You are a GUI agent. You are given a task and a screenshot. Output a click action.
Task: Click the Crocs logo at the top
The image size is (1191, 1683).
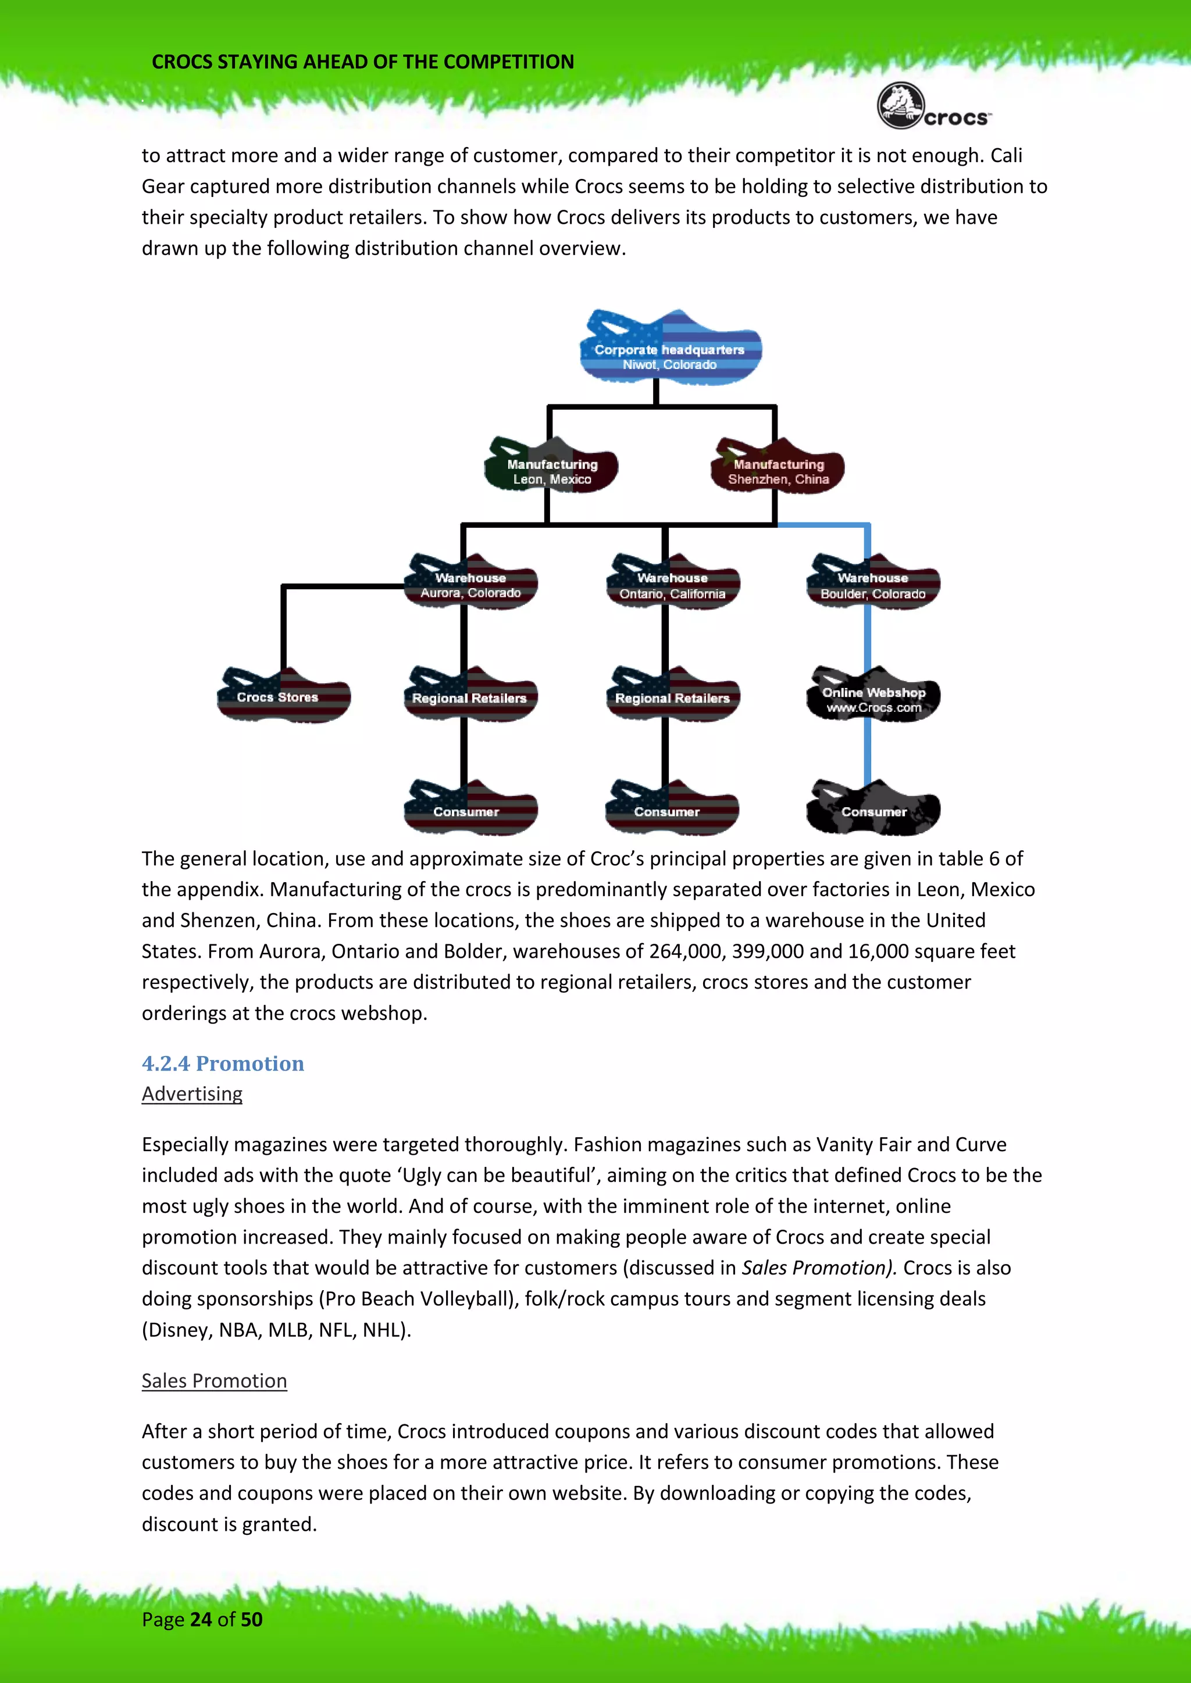point(933,107)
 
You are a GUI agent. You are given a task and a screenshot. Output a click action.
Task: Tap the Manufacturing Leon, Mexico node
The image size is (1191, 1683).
point(551,467)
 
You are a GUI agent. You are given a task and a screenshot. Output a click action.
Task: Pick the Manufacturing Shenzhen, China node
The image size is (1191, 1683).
point(778,467)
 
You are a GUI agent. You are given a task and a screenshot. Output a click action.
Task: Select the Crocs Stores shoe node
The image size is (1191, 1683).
point(283,696)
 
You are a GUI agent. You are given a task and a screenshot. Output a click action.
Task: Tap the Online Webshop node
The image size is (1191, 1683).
point(873,696)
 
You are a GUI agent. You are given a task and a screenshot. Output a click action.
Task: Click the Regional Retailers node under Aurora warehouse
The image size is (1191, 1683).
point(470,696)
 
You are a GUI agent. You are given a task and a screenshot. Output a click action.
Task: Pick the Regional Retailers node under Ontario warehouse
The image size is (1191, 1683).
point(672,696)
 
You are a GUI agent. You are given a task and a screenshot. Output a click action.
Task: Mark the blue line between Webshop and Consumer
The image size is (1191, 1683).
point(868,751)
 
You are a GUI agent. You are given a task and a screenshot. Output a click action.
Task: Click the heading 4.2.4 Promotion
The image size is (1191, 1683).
point(223,1063)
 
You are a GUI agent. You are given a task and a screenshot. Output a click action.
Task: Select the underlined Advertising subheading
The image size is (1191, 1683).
point(192,1094)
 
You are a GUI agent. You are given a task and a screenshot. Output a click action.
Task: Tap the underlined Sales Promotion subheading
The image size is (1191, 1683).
point(214,1381)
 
